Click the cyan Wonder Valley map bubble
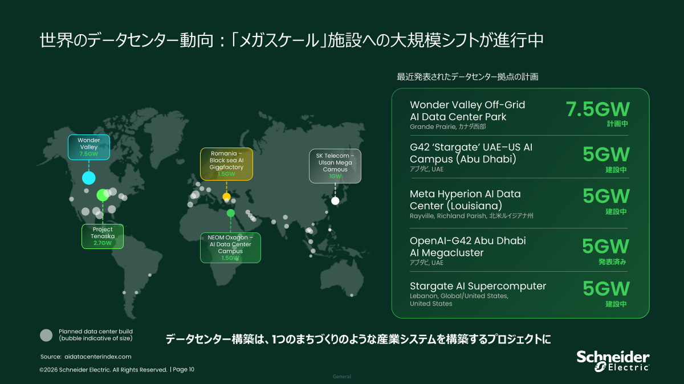coord(89,178)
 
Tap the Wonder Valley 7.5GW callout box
coord(89,147)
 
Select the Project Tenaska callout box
coord(103,236)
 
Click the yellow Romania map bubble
coord(227,197)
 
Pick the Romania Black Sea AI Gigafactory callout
coord(227,164)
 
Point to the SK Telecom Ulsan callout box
coord(335,166)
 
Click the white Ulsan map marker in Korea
coord(335,201)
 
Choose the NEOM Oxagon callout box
coord(230,248)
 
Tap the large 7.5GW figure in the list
coord(597,109)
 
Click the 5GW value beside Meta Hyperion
coord(606,196)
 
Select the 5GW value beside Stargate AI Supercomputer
coord(606,288)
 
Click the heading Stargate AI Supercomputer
coord(478,286)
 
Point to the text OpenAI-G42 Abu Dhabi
coord(468,241)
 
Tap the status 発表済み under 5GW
coord(612,262)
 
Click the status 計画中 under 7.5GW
coord(617,124)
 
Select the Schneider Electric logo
coord(613,361)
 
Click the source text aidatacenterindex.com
coord(97,357)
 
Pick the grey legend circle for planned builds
coord(46,335)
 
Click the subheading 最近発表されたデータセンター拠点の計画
coord(467,76)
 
